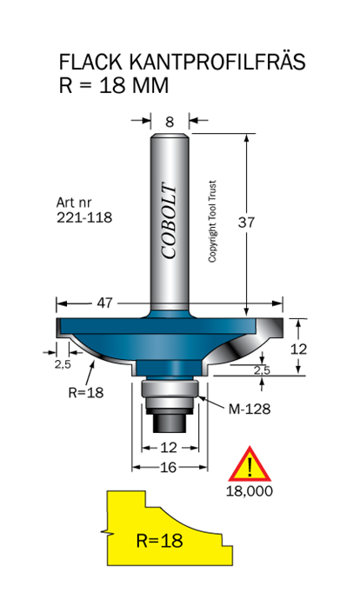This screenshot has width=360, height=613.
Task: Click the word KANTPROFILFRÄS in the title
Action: (217, 62)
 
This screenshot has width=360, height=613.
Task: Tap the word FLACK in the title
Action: (90, 62)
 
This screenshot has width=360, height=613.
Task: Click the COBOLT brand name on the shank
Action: (170, 221)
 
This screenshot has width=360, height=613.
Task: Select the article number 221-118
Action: (84, 217)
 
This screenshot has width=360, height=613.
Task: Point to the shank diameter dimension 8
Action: (170, 122)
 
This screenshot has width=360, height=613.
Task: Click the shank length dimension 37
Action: (246, 222)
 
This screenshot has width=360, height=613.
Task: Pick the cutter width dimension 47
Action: (104, 303)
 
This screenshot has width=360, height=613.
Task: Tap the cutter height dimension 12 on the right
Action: (298, 350)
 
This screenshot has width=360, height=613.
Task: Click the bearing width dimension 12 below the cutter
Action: (169, 447)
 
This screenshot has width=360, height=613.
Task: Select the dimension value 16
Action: (169, 467)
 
